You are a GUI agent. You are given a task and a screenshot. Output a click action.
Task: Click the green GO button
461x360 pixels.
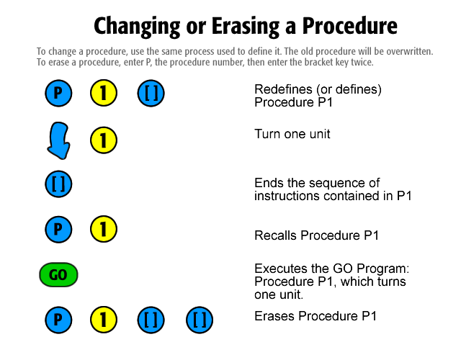click(x=58, y=275)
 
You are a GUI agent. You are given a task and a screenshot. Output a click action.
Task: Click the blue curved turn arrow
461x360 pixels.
click(x=59, y=140)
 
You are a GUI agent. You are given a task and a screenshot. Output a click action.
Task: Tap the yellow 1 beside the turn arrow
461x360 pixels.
click(x=104, y=140)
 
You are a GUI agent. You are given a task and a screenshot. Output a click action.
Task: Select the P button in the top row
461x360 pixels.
click(x=58, y=93)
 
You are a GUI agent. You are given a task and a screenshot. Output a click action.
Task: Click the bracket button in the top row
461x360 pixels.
click(x=151, y=93)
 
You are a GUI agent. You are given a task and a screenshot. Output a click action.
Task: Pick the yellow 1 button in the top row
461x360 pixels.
click(x=104, y=93)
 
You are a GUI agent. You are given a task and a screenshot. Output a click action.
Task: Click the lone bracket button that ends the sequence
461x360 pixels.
click(x=58, y=184)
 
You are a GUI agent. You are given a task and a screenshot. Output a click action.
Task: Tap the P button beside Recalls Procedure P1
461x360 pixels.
click(x=58, y=229)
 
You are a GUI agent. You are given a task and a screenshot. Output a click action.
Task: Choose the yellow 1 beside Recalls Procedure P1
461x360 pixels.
click(x=104, y=229)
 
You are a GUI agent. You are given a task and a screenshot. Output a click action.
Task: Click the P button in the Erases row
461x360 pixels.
click(x=58, y=320)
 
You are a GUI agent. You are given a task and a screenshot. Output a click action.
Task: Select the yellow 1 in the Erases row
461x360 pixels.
click(x=104, y=320)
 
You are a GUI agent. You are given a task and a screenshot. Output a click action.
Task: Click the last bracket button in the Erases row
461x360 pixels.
click(x=200, y=320)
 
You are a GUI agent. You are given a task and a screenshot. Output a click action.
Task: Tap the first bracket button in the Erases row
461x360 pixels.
click(x=151, y=320)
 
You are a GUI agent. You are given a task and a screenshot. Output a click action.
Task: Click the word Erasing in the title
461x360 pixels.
click(x=246, y=27)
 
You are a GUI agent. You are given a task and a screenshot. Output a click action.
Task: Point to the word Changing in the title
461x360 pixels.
click(x=137, y=27)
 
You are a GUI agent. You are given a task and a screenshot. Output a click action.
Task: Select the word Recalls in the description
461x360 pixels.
click(x=275, y=235)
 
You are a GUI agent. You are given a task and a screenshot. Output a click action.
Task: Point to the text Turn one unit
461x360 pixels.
click(x=292, y=134)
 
